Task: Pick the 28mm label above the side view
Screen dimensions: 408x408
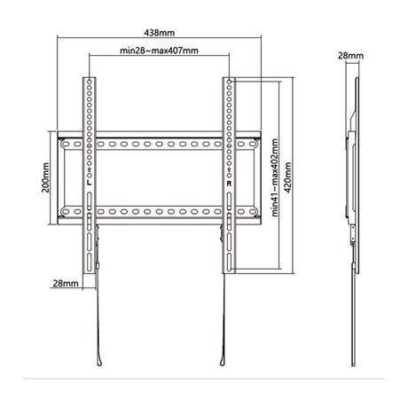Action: point(352,55)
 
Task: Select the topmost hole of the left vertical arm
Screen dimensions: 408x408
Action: point(90,83)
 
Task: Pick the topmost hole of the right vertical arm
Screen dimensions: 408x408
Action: point(229,83)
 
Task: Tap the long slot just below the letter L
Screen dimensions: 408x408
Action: point(90,197)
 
